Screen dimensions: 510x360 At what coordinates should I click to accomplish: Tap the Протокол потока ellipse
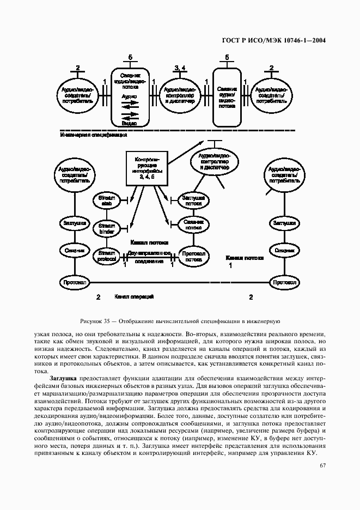193,256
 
